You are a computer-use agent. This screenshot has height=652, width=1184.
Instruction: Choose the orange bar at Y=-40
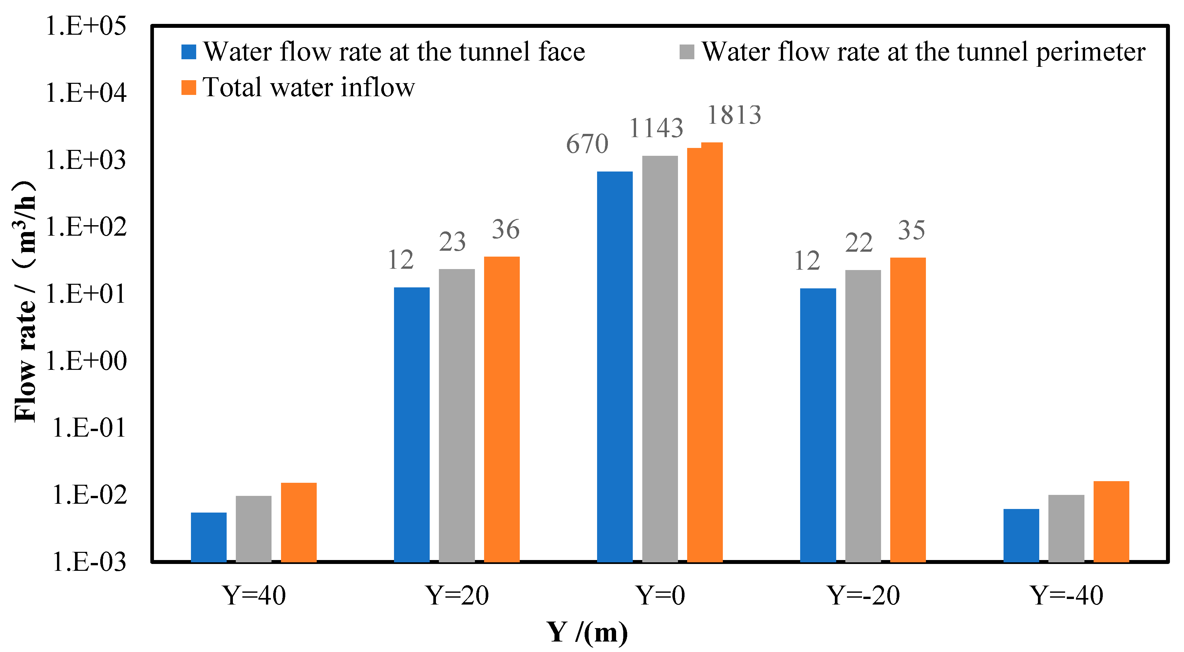pos(1111,521)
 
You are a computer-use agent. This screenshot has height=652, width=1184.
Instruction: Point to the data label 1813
pos(734,115)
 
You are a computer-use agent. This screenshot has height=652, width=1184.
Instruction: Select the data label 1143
pos(656,128)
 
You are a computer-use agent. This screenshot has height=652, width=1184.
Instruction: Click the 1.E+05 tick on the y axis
pos(85,26)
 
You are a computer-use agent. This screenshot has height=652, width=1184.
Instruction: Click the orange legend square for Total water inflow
pos(189,87)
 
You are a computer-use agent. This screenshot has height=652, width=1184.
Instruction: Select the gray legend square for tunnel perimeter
pos(687,52)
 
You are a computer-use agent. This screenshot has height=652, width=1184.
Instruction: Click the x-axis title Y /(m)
pos(587,633)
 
